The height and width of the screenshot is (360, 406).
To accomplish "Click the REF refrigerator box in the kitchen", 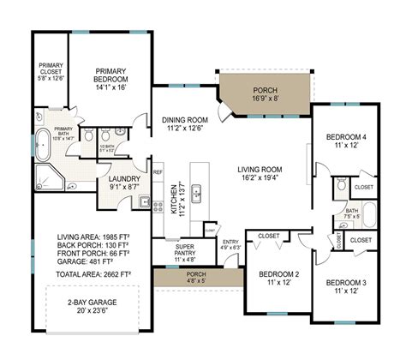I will pos(158,172).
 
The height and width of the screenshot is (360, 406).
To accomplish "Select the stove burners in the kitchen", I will pos(158,206).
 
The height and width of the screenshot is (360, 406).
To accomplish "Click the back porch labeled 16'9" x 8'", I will pos(265,94).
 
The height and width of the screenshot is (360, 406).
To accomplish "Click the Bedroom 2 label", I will pos(279,279).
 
